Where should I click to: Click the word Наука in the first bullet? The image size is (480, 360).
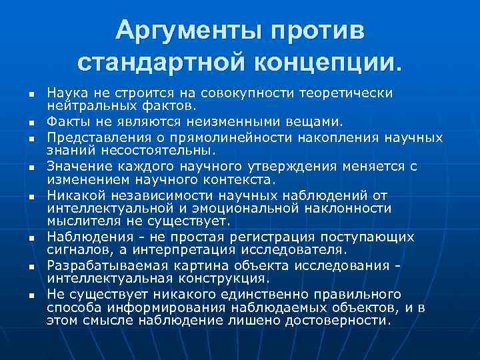pyautogui.click(x=67, y=92)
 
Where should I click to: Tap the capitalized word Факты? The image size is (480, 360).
pyautogui.click(x=67, y=122)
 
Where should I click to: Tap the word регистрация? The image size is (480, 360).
pyautogui.click(x=261, y=237)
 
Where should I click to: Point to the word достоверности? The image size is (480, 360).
pyautogui.click(x=342, y=320)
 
